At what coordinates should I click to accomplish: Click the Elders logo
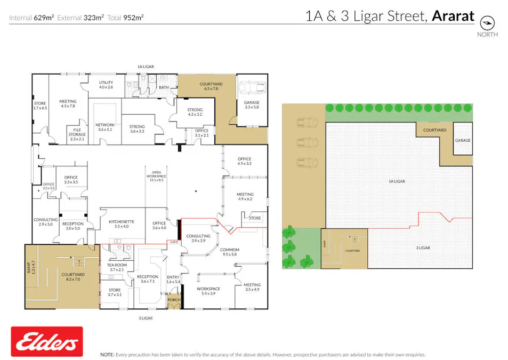(47, 342)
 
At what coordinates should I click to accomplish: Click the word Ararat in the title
(453, 16)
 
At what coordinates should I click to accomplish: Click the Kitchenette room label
(121, 223)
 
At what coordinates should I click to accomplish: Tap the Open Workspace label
(157, 176)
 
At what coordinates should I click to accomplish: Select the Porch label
(174, 300)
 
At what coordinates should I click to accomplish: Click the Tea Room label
(117, 267)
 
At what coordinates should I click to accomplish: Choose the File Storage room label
(77, 137)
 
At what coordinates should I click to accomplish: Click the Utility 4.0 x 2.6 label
(106, 85)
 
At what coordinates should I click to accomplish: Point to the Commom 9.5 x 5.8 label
(229, 252)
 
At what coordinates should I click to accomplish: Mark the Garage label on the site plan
(463, 140)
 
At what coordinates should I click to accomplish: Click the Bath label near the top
(164, 87)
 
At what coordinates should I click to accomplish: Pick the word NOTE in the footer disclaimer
(107, 355)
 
